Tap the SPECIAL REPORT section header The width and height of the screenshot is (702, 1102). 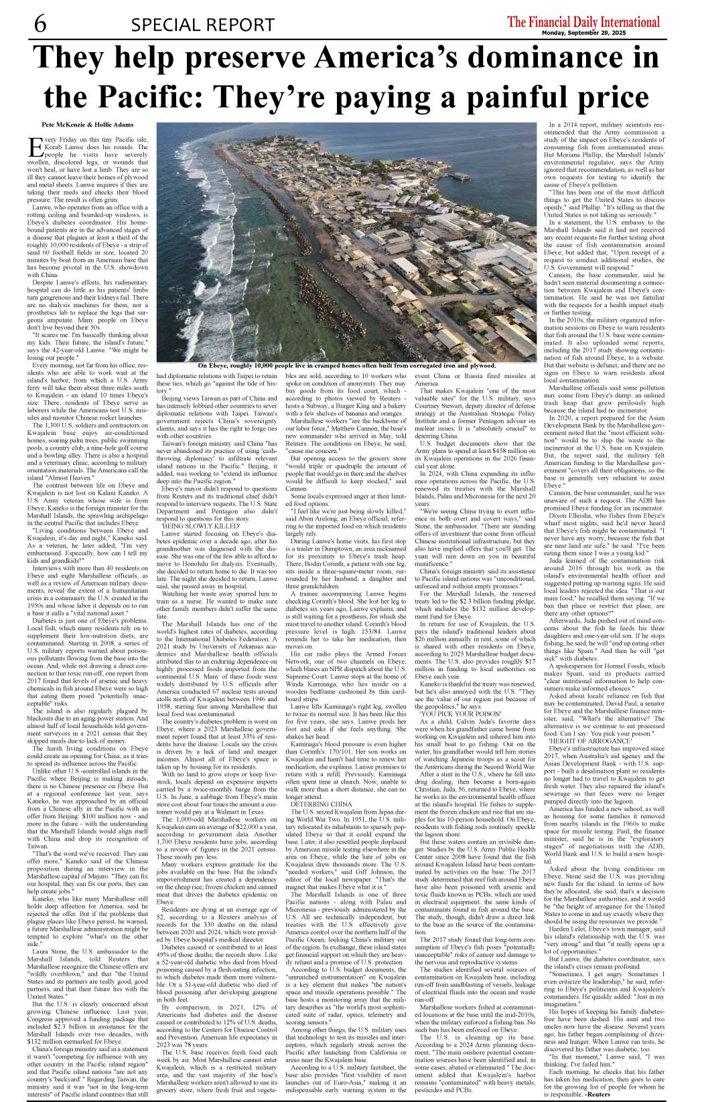(x=198, y=25)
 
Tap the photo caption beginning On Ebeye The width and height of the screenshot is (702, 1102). (x=346, y=366)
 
